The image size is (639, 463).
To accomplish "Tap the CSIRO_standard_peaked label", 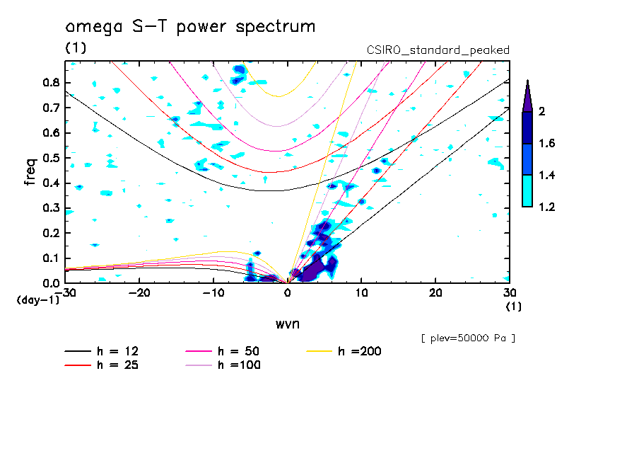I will point(438,50).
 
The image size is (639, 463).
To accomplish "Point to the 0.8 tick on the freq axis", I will point(49,82).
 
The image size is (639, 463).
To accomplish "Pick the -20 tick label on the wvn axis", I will point(139,293).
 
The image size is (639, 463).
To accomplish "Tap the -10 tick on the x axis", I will point(213,293).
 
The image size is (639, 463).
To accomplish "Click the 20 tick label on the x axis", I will point(435,293).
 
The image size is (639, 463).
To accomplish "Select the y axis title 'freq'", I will point(30,171).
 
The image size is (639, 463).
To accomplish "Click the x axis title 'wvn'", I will point(287,324).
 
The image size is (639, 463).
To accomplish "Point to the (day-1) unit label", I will point(37,300).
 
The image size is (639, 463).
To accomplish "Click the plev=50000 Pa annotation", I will point(468,338).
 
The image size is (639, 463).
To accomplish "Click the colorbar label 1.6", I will point(548,143).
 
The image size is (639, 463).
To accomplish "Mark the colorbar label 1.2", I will point(548,207).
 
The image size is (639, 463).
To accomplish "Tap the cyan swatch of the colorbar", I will point(527,190).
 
